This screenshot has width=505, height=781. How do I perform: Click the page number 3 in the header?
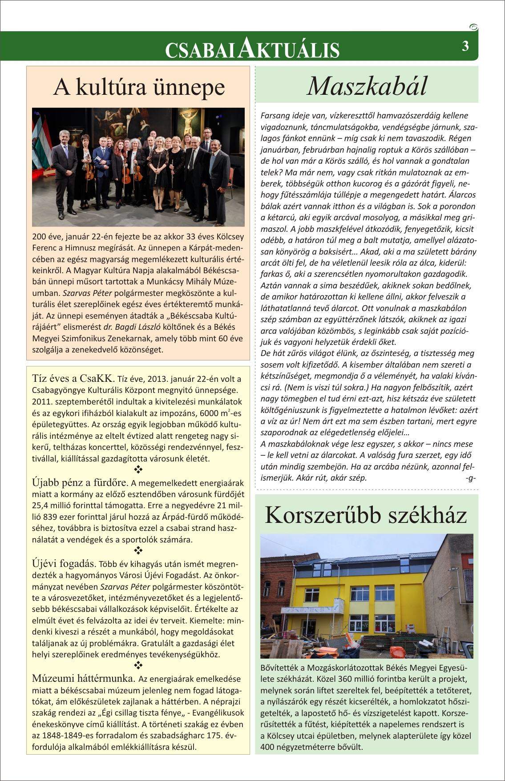click(465, 46)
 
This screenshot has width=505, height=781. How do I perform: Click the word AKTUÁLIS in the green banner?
click(289, 49)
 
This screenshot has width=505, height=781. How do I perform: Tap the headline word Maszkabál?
click(367, 86)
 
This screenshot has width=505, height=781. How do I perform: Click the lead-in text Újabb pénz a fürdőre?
click(80, 482)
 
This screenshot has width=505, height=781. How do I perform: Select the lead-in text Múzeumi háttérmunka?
click(84, 678)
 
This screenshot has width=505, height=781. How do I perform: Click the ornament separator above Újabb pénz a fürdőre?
click(138, 469)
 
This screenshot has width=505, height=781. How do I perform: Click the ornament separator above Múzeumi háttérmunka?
click(138, 666)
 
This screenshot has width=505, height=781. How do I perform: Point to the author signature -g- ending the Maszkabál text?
click(470, 478)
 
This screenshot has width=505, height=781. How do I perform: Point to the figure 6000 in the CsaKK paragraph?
click(209, 413)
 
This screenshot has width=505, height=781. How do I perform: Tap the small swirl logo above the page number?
click(473, 27)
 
